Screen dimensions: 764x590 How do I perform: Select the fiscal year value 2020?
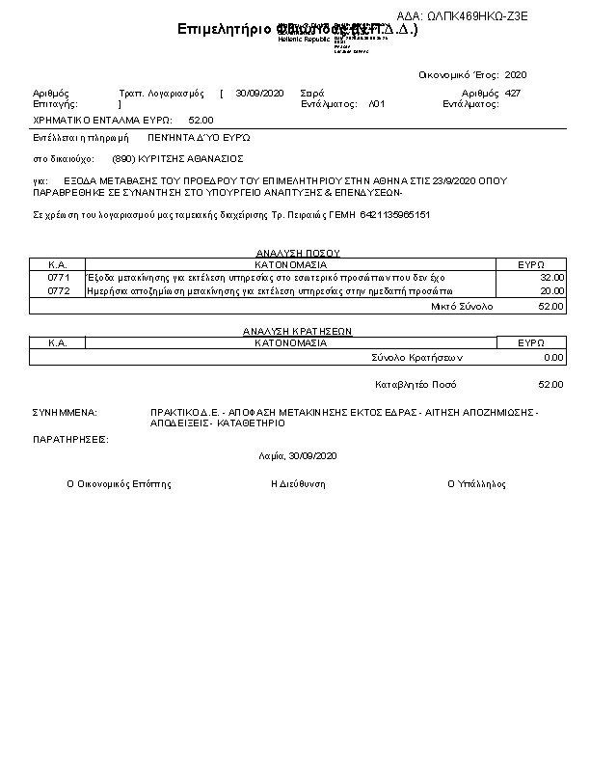tap(516, 74)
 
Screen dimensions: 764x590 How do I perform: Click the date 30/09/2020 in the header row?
tap(259, 93)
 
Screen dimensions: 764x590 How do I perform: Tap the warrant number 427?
tap(513, 93)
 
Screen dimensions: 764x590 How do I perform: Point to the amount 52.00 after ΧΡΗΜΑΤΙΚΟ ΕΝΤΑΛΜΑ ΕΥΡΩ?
tap(201, 121)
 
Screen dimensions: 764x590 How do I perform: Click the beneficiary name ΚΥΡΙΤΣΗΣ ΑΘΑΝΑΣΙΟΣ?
tap(190, 158)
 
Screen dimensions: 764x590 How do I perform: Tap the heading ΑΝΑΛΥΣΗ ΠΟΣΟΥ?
tap(291, 253)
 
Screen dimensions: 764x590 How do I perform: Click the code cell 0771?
tap(59, 277)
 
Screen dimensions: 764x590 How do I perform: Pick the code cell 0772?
tap(59, 290)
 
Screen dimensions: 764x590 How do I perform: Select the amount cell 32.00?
tap(551, 277)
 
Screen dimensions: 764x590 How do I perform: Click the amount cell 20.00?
tap(551, 290)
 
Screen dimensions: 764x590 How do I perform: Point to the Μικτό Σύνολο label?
tap(462, 306)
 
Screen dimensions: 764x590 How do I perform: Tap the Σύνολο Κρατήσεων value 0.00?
tap(553, 357)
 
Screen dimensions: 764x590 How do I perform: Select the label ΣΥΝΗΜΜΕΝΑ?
tap(65, 412)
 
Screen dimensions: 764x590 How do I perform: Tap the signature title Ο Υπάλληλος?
tap(476, 484)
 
